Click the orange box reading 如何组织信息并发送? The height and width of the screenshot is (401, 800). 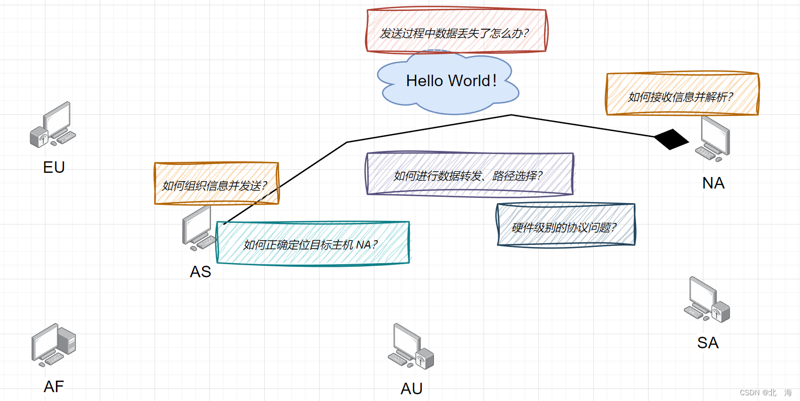216,184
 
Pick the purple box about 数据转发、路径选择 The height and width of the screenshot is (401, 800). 469,174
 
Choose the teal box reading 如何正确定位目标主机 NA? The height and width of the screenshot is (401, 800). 312,243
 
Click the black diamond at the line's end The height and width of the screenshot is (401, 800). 672,139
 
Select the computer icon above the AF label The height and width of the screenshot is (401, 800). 54,345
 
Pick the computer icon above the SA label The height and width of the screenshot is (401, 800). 707,300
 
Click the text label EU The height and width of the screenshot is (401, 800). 54,168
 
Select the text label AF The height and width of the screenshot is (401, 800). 54,387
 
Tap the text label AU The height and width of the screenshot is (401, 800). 411,389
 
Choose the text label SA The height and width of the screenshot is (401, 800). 708,343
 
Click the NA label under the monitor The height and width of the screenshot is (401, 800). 713,183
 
